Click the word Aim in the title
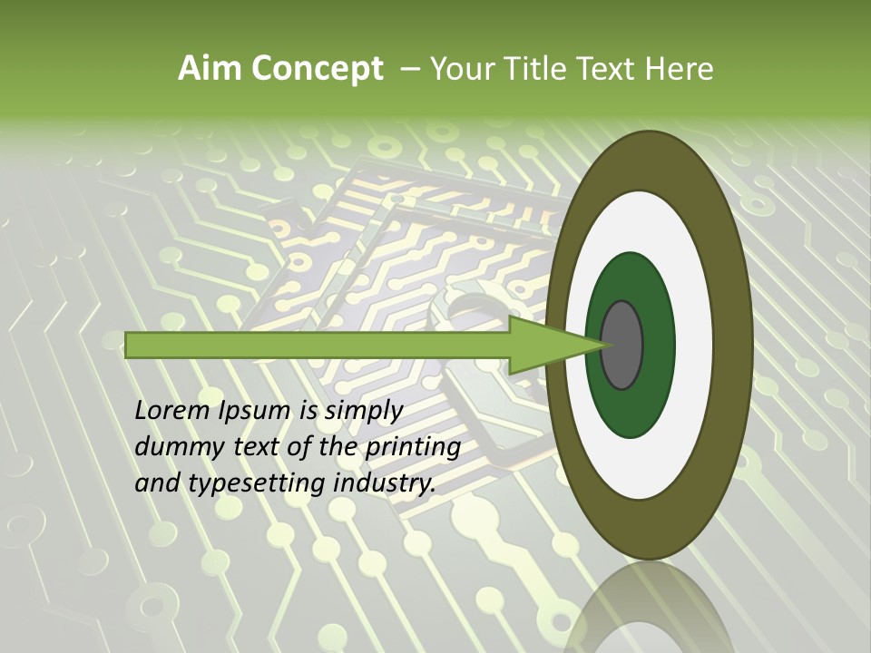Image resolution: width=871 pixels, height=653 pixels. (x=207, y=69)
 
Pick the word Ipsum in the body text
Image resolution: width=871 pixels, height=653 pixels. (x=257, y=411)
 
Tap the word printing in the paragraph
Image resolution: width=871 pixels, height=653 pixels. (x=413, y=448)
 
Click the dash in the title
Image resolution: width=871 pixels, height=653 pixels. (x=409, y=69)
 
